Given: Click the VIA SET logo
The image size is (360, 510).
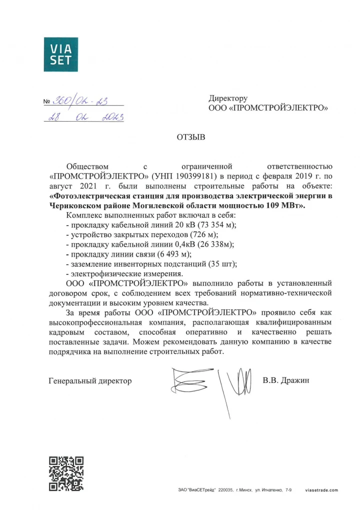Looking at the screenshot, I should (x=61, y=54).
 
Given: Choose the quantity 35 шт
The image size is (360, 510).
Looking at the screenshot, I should (x=222, y=264).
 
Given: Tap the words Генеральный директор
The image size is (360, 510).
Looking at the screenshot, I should (x=90, y=381).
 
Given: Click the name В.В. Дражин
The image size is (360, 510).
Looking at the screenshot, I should (x=286, y=380).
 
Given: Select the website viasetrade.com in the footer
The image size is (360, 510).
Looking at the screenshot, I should (x=321, y=490).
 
